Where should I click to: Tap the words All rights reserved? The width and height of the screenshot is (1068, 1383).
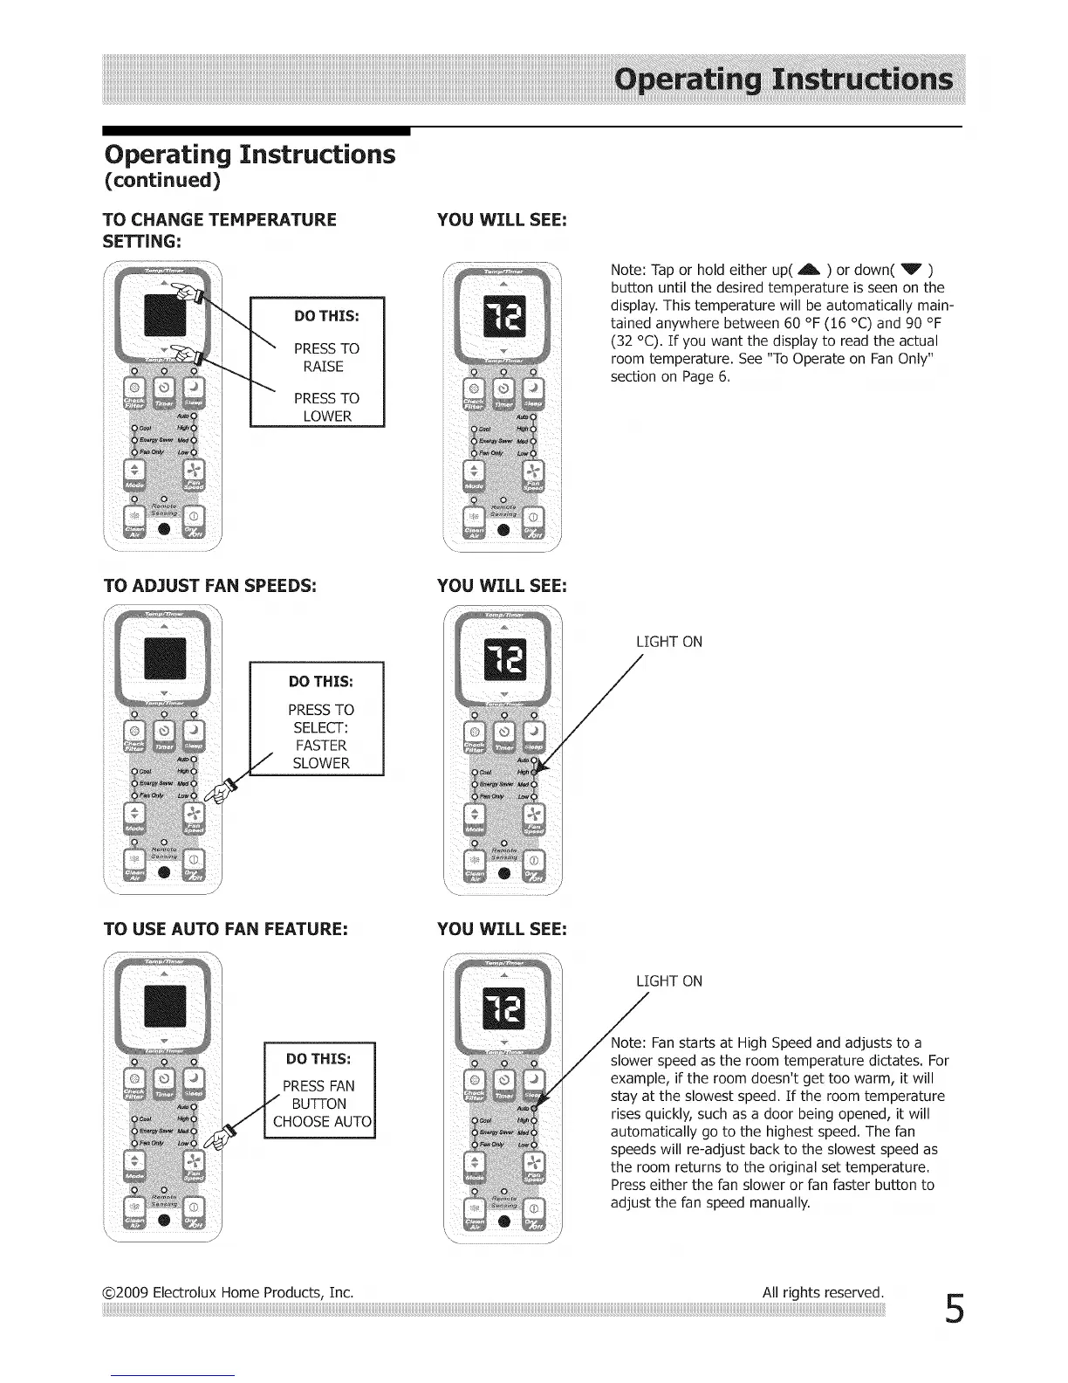[823, 1292]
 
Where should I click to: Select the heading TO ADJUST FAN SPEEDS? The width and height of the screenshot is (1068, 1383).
[209, 585]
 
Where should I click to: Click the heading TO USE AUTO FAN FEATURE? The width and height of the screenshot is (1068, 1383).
[226, 928]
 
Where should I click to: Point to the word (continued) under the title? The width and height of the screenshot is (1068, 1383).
[162, 181]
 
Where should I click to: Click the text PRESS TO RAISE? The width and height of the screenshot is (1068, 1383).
[325, 358]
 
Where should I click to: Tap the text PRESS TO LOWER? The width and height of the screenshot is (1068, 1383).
[326, 407]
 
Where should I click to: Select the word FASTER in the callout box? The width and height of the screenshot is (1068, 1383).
[320, 746]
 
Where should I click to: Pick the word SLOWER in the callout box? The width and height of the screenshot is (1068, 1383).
[320, 763]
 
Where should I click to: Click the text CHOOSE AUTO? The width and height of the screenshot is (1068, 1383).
[321, 1122]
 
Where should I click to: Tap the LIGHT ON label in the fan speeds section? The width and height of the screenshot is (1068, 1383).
[669, 643]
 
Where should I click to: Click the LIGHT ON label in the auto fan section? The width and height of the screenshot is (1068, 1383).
[669, 981]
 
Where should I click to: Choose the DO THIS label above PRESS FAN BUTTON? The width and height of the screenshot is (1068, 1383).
[318, 1059]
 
